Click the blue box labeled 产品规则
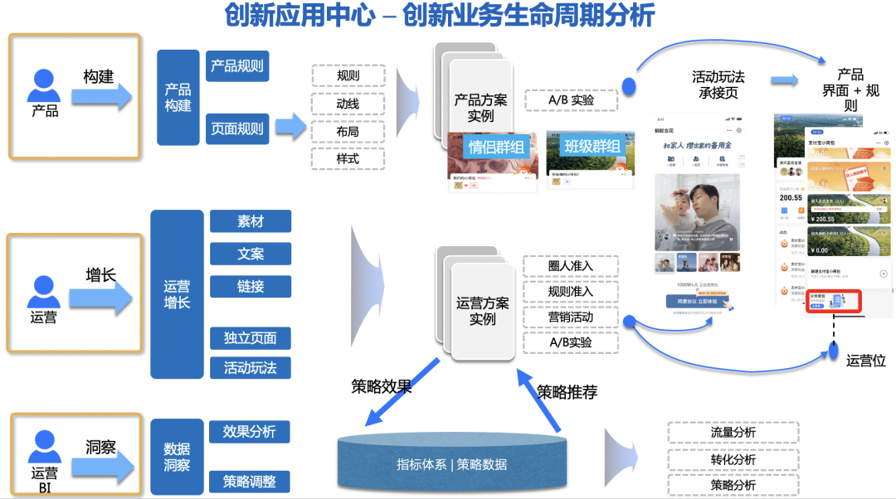tap(237, 66)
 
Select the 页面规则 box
tap(237, 128)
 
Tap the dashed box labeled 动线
tap(348, 104)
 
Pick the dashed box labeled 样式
tap(348, 158)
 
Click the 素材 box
tap(251, 221)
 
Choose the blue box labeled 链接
tap(251, 286)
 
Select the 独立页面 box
tap(251, 338)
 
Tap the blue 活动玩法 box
tap(251, 367)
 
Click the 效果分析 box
tap(250, 432)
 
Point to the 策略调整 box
tap(250, 482)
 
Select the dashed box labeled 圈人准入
tap(570, 267)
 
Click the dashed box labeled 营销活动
tap(570, 317)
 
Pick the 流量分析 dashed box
tap(733, 433)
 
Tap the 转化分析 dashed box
tap(733, 459)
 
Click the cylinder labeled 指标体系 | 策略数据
tap(451, 462)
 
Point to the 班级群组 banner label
tap(592, 147)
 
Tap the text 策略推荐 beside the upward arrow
tap(567, 390)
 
